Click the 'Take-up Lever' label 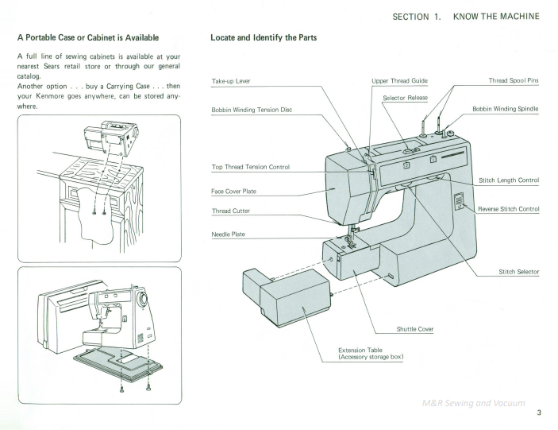click(229, 81)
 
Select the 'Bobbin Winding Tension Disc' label click(252, 109)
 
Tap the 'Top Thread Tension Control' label click(250, 167)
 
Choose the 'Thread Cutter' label click(231, 211)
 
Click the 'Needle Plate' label click(229, 234)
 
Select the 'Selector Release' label click(405, 98)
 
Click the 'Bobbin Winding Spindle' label click(506, 109)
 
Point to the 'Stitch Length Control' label click(509, 180)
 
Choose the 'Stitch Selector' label click(518, 272)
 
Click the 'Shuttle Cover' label click(415, 328)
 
